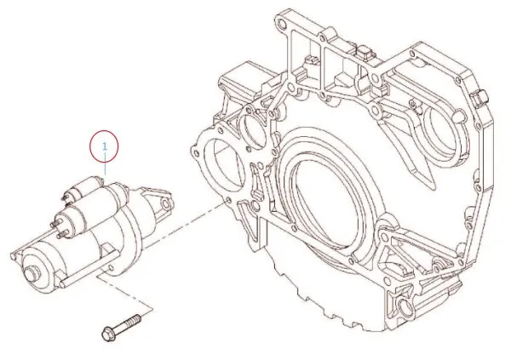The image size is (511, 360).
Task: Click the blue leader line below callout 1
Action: [x=104, y=168]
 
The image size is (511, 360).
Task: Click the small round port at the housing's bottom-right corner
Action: [x=407, y=303]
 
